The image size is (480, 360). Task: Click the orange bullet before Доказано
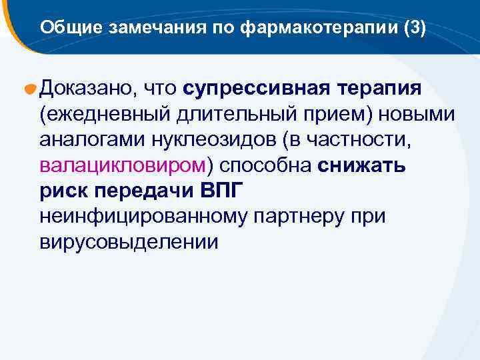(31, 90)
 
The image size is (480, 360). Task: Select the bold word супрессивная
(256, 89)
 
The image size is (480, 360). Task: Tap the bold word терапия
(379, 89)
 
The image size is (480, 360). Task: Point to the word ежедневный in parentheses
(106, 115)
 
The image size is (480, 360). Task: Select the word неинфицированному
(145, 216)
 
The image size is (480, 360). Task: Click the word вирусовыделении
(129, 241)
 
